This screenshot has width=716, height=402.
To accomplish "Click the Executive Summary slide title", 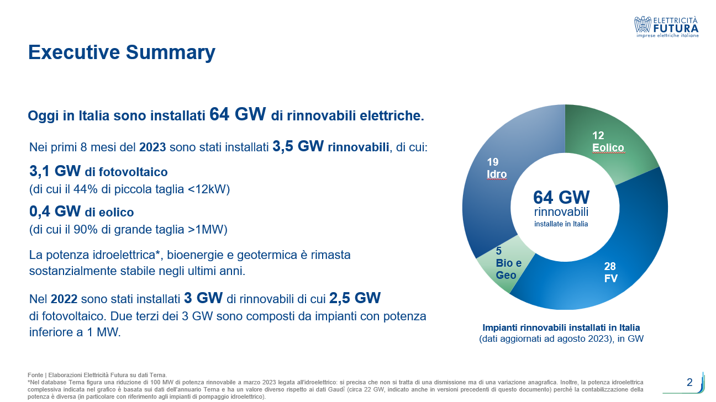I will coord(122,52).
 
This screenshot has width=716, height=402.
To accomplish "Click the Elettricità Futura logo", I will coord(667,27).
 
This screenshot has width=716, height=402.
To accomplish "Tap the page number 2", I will coord(689,382).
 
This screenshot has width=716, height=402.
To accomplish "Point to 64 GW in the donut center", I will coord(561,197).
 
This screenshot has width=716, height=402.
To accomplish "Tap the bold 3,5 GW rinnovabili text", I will coord(330,147).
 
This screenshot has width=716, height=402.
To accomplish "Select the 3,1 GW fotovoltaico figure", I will coord(55,171).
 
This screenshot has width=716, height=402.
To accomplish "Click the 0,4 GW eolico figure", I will coord(55,211).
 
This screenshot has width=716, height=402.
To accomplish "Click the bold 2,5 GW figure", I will coord(355,299).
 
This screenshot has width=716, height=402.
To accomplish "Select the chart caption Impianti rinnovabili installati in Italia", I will coord(561,327).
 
